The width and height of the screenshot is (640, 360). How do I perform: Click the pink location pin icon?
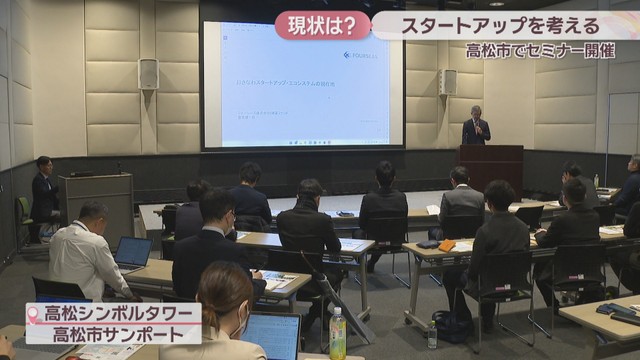click(36, 313)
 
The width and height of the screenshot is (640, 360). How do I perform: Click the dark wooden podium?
click(491, 167)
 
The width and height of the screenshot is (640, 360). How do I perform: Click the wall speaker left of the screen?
click(148, 73)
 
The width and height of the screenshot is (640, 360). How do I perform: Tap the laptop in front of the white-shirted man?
click(132, 253)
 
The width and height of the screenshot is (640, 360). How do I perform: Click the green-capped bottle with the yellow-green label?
click(337, 333)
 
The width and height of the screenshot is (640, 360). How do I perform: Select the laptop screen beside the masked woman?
click(272, 336)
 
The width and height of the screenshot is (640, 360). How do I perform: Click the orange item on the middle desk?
click(432, 245)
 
